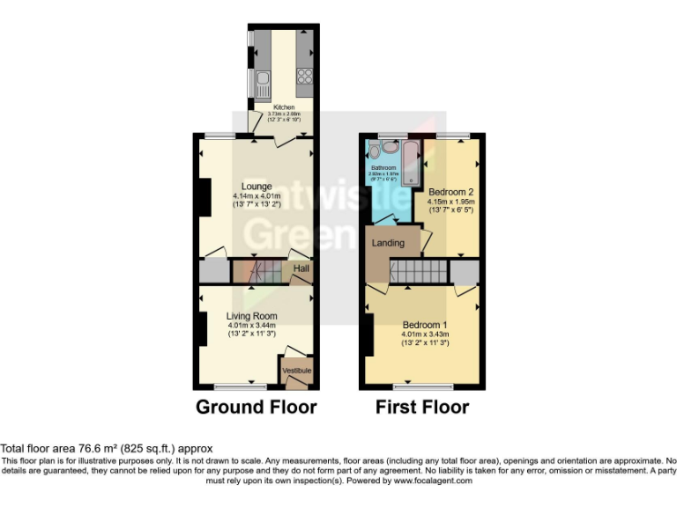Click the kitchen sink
click(x=263, y=83)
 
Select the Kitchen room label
click(x=284, y=108)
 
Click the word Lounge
click(x=257, y=187)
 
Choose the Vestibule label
click(x=296, y=371)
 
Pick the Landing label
click(x=387, y=243)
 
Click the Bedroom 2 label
click(x=451, y=191)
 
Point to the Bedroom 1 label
click(x=424, y=325)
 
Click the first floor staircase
click(x=420, y=272)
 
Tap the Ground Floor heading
click(x=256, y=407)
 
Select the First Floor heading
click(x=422, y=407)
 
